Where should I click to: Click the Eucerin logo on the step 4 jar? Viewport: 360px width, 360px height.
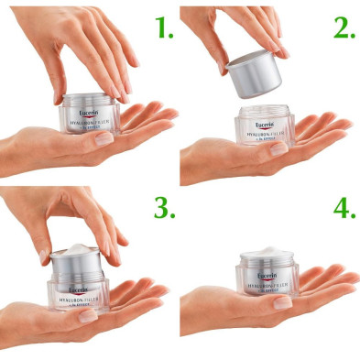click(x=269, y=275)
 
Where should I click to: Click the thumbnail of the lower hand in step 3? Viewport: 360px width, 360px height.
click(x=88, y=316)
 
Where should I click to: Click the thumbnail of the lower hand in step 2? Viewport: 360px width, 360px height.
click(x=278, y=147)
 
